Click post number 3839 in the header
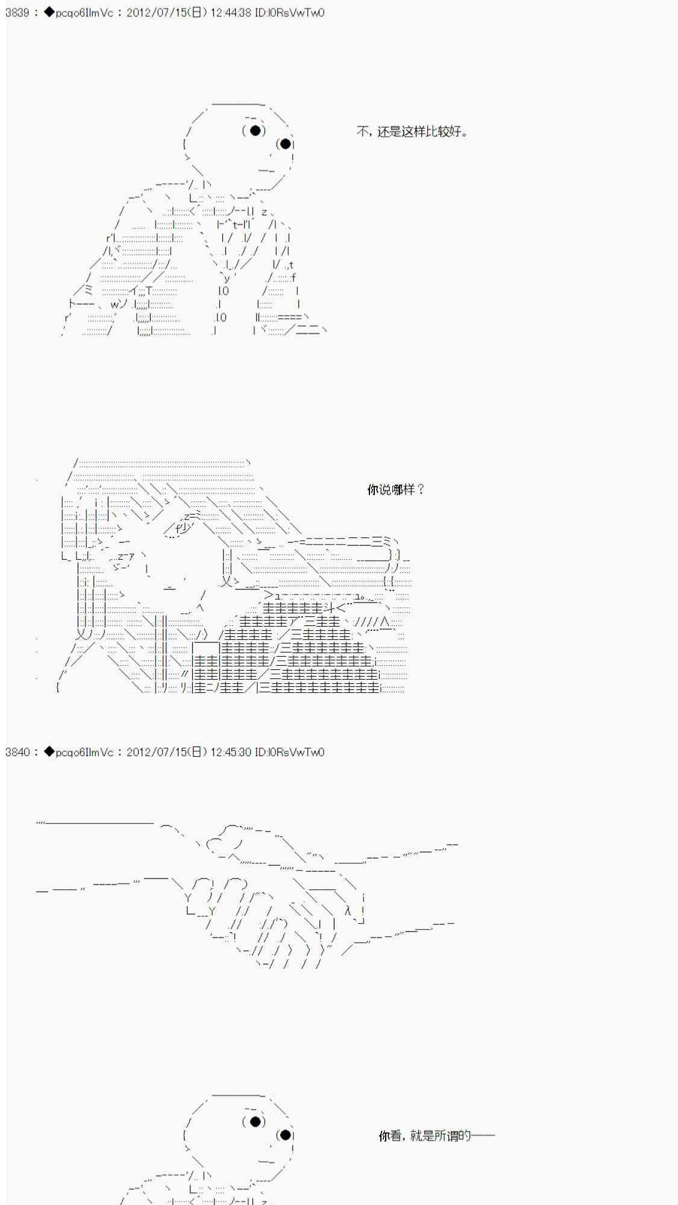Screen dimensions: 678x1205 pyautogui.click(x=17, y=12)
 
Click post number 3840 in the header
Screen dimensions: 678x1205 pyautogui.click(x=17, y=752)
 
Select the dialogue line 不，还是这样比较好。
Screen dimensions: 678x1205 pyautogui.click(x=412, y=131)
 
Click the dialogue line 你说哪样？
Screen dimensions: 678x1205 pyautogui.click(x=396, y=489)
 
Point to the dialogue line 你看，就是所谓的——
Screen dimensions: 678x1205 pyautogui.click(x=437, y=1136)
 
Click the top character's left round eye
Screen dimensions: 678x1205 pyautogui.click(x=255, y=130)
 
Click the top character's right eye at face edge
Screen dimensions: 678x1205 pyautogui.click(x=286, y=143)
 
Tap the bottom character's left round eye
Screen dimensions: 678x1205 pyautogui.click(x=255, y=1121)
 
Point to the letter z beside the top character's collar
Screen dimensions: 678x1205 pyautogui.click(x=264, y=212)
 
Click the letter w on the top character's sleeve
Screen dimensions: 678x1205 pyautogui.click(x=115, y=304)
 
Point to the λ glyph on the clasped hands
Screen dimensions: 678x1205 pyautogui.click(x=348, y=911)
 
